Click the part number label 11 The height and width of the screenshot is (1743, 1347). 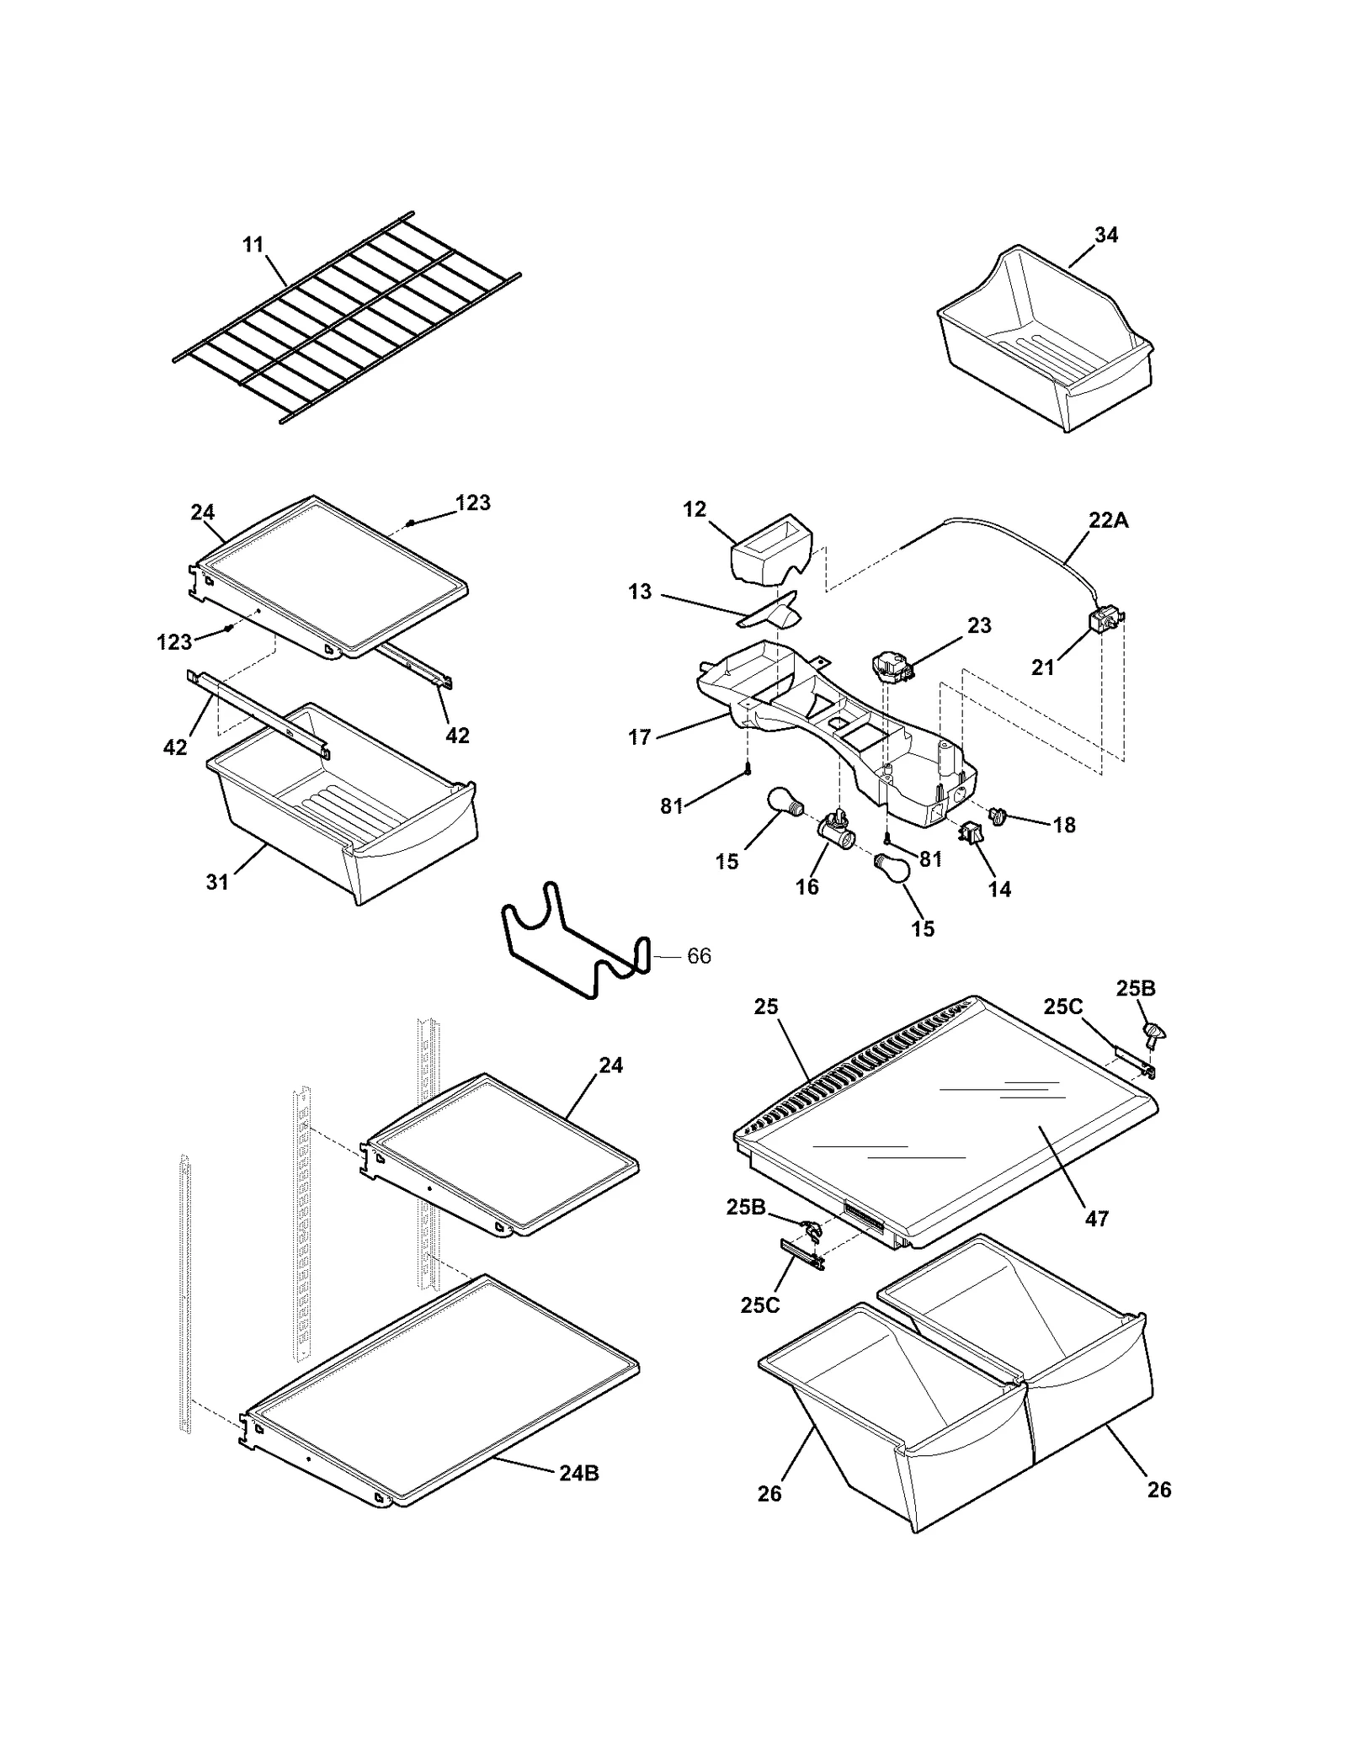point(253,245)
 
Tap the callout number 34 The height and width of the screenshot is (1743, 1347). point(1105,236)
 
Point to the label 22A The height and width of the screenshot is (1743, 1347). point(1108,521)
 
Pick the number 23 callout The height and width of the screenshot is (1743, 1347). point(979,625)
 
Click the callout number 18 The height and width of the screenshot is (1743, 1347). point(1064,826)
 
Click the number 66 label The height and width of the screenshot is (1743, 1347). point(699,956)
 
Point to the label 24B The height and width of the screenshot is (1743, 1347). point(579,1474)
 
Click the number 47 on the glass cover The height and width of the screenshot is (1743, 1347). point(1096,1218)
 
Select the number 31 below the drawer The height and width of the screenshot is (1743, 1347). point(217,882)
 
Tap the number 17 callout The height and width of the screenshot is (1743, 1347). point(639,738)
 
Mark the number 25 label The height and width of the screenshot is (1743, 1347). point(765,1007)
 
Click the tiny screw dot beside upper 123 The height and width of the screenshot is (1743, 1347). point(410,523)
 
